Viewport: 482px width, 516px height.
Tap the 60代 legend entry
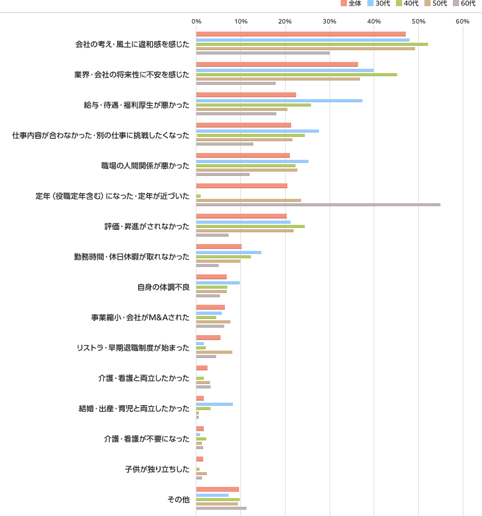[x=463, y=4]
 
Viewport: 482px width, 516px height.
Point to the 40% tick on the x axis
[x=374, y=22]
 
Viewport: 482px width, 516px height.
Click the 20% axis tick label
[x=285, y=22]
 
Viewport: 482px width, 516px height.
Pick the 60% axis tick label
[x=462, y=22]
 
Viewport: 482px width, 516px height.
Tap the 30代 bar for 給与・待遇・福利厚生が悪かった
[x=279, y=100]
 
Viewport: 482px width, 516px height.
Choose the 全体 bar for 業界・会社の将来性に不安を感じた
[x=277, y=64]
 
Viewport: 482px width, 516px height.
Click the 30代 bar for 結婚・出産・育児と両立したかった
[x=214, y=404]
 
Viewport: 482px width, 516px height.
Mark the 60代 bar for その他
[x=221, y=509]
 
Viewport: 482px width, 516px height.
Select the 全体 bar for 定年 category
[x=242, y=186]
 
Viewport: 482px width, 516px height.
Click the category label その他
[x=178, y=499]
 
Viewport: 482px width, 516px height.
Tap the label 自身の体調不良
[x=163, y=287]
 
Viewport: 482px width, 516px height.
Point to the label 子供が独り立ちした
[x=157, y=469]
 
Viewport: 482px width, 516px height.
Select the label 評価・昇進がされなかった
[x=147, y=226]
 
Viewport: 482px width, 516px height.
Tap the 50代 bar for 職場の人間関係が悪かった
[x=247, y=170]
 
